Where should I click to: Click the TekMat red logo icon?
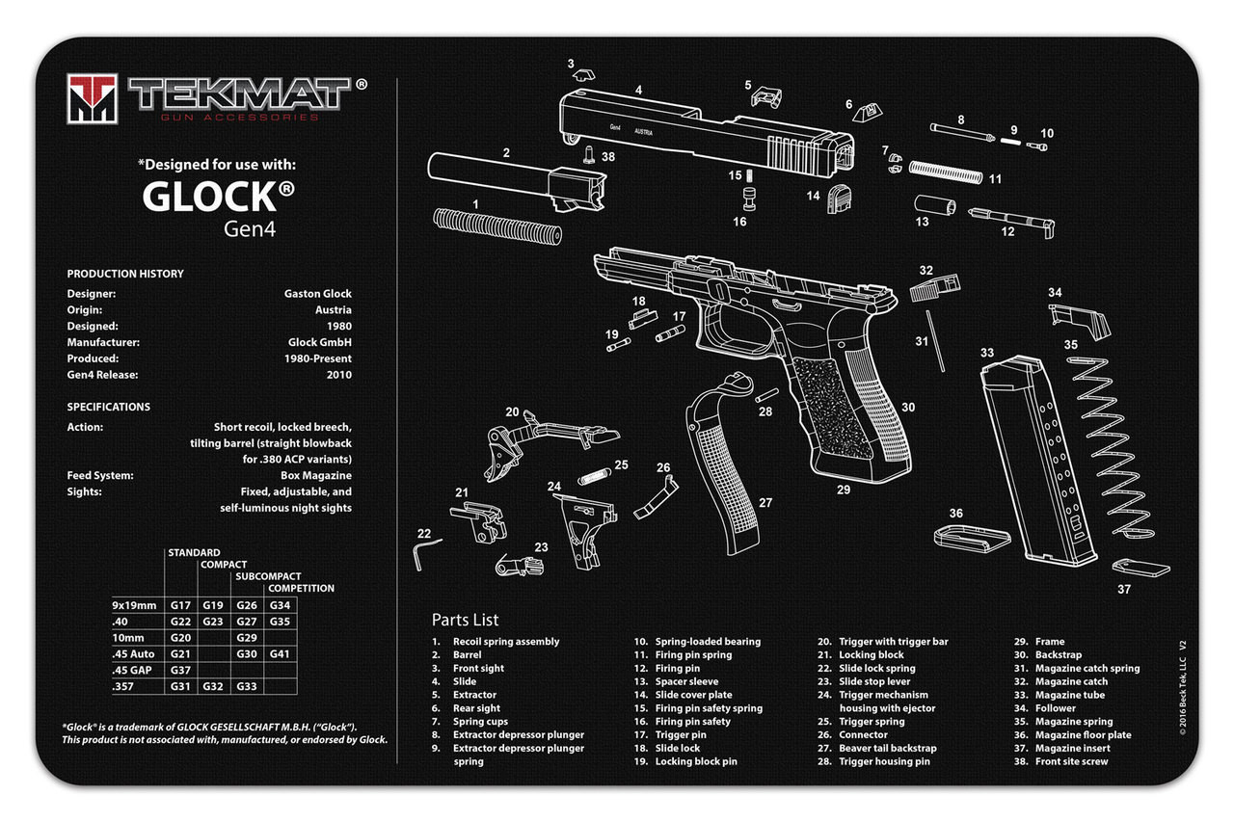[93, 98]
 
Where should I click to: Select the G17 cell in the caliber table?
[180, 605]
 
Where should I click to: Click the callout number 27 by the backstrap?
[765, 502]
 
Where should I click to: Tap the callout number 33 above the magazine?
[986, 354]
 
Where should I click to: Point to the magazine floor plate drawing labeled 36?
[971, 537]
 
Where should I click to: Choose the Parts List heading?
[465, 620]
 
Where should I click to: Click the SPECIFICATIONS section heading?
[108, 407]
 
